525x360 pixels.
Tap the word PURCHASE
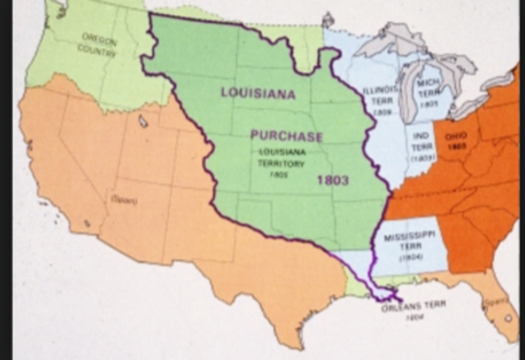tap(286, 136)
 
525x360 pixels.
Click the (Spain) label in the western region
tap(123, 199)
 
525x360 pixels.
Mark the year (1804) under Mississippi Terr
tap(409, 258)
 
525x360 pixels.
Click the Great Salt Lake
tap(144, 121)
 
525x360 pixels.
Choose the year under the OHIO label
tap(458, 145)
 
